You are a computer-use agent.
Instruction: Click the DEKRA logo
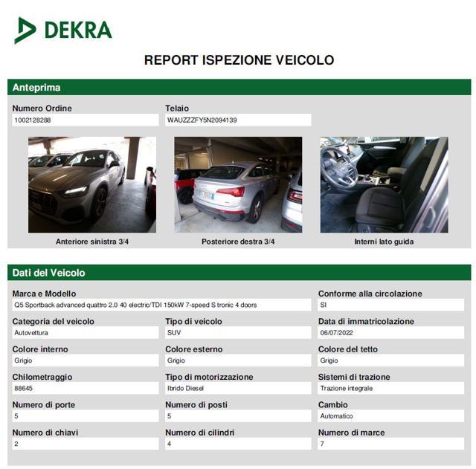[63, 30]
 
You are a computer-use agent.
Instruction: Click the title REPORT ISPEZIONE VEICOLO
[239, 60]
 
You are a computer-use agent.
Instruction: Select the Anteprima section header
[36, 88]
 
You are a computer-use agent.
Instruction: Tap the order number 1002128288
[33, 120]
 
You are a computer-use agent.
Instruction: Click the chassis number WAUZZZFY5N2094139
[202, 120]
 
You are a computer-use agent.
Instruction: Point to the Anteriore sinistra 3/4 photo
[92, 184]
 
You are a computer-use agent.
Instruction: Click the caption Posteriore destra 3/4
[238, 242]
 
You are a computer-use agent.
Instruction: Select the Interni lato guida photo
[384, 184]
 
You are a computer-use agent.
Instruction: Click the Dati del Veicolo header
[49, 273]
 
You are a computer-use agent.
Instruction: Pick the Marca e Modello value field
[160, 305]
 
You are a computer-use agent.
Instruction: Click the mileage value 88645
[24, 388]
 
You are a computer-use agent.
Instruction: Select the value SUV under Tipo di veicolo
[174, 333]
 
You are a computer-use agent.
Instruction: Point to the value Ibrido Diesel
[186, 388]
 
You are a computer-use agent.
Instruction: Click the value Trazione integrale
[347, 388]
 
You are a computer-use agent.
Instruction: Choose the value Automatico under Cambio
[337, 416]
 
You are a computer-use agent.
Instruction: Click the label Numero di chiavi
[45, 433]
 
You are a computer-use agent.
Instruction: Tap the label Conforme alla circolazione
[370, 294]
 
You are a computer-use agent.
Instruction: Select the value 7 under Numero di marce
[322, 444]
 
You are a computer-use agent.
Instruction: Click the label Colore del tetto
[348, 349]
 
